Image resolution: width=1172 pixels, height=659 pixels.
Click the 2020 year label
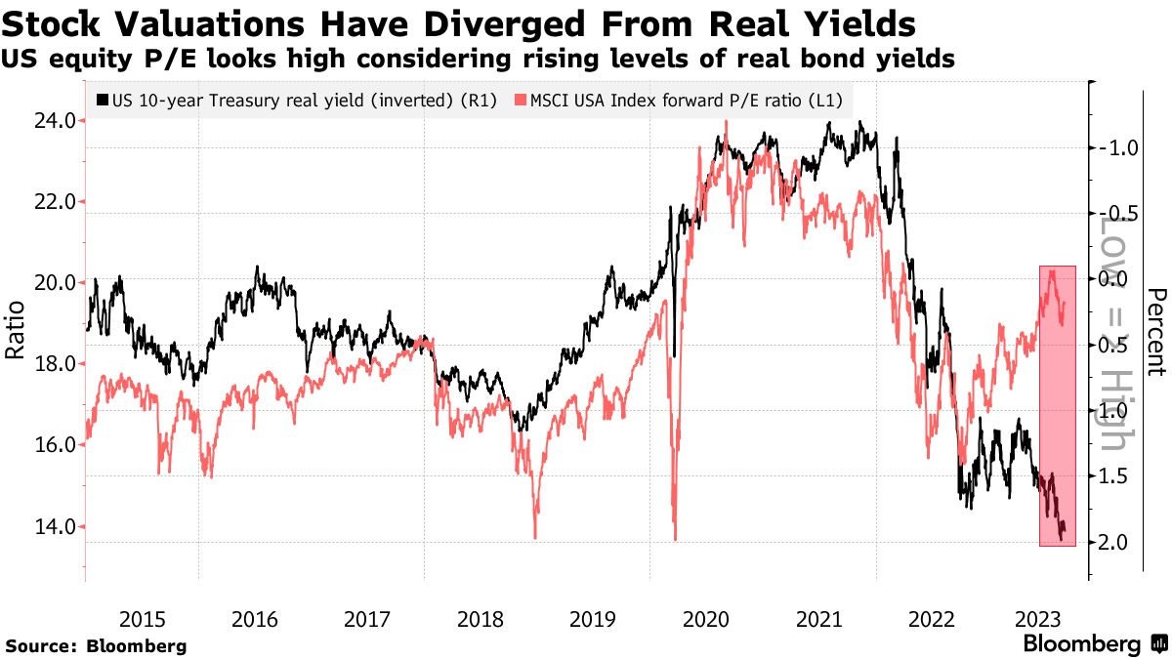click(706, 619)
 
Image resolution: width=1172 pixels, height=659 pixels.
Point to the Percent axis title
click(1157, 332)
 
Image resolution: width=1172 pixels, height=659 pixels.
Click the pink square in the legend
click(521, 101)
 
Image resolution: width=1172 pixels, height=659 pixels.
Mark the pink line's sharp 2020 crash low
click(676, 538)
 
